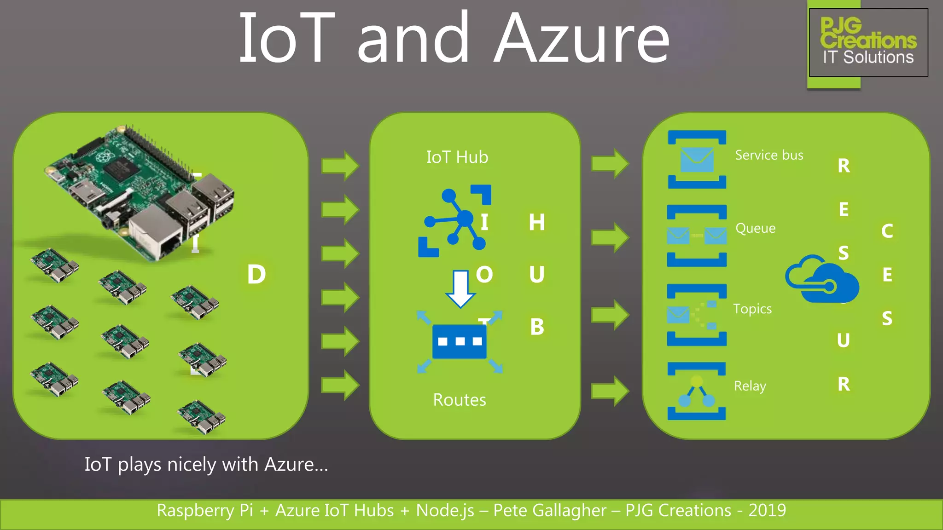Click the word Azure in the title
582,39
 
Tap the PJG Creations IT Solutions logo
868,42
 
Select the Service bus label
769,156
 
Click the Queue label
755,228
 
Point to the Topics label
752,309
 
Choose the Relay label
750,386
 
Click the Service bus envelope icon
697,160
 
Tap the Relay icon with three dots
697,392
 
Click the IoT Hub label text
457,157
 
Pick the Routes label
459,400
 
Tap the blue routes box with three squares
460,341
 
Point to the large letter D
256,275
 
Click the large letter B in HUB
537,327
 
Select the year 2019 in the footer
767,511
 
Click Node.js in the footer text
445,511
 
